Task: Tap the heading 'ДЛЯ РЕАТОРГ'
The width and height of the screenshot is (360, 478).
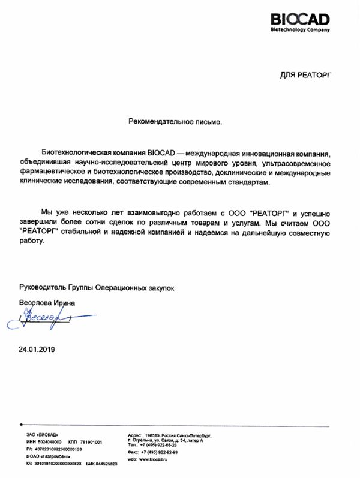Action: coord(305,75)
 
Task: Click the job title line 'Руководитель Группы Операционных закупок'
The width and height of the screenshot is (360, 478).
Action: coord(97,288)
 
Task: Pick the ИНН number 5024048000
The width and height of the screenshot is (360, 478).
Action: coord(49,441)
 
